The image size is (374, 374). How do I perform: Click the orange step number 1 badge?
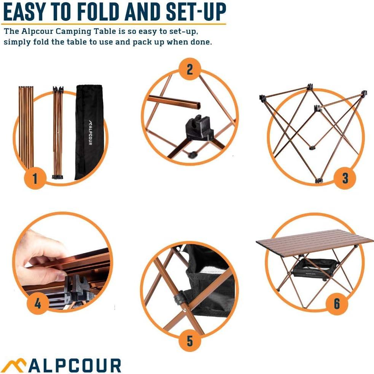35,178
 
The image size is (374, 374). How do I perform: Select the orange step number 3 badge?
345,178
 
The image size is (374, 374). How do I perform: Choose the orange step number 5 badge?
189,341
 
